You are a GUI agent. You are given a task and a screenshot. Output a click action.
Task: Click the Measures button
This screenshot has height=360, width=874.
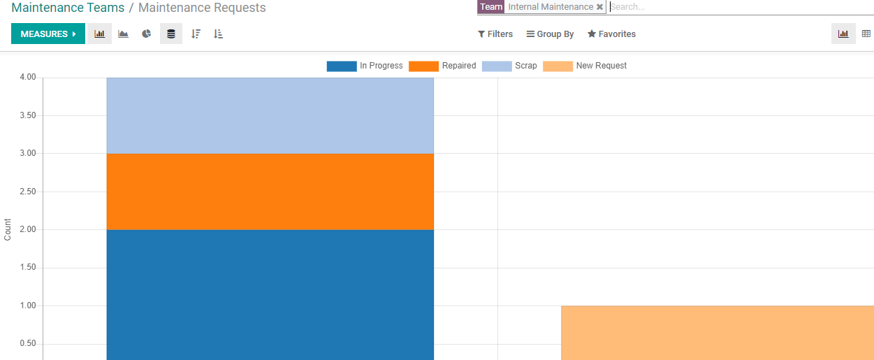(x=48, y=34)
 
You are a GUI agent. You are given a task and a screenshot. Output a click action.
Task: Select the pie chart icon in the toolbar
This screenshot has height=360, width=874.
(x=147, y=34)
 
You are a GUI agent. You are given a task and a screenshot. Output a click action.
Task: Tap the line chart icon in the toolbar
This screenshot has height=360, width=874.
(x=124, y=34)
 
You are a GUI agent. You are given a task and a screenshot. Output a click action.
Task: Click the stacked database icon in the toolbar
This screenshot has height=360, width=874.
(x=171, y=34)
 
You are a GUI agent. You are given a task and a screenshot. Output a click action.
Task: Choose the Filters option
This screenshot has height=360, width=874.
(x=495, y=34)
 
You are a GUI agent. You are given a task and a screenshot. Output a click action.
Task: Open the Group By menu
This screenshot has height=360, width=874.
(x=550, y=34)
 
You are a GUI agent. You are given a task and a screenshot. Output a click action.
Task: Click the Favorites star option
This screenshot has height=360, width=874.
(x=611, y=34)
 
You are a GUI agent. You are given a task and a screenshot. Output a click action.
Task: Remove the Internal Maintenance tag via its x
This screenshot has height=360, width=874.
(x=599, y=7)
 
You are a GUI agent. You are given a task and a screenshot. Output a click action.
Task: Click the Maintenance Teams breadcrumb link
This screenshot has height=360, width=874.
(x=68, y=8)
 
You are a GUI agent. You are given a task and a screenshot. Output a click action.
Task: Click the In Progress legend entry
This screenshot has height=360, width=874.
(x=365, y=66)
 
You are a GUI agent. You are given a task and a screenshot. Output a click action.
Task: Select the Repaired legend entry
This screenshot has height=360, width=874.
(x=442, y=66)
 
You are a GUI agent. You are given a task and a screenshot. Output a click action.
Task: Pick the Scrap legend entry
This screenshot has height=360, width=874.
(x=509, y=66)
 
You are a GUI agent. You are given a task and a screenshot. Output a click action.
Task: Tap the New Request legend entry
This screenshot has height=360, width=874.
(x=585, y=66)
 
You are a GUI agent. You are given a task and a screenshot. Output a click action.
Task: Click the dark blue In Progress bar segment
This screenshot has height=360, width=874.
(x=270, y=294)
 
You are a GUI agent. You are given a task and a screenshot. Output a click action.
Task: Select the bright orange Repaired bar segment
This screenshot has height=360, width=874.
(x=270, y=192)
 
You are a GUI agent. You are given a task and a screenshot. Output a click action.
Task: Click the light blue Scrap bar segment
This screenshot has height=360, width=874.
(x=270, y=115)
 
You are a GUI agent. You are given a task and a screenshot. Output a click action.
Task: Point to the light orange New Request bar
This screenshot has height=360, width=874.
(x=717, y=332)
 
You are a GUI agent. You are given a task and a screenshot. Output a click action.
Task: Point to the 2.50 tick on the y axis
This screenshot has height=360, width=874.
(x=28, y=192)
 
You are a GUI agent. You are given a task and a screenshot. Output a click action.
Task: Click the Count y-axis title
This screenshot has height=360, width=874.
(x=8, y=229)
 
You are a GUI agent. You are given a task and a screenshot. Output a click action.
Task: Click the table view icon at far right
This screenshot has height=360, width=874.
(x=866, y=34)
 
